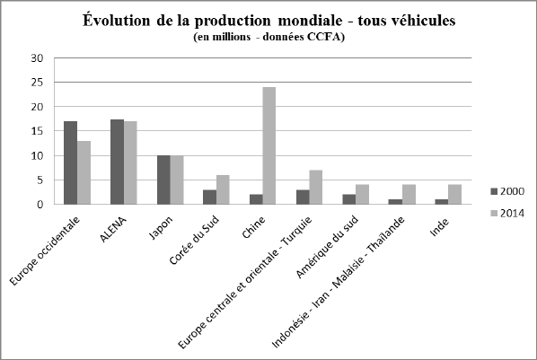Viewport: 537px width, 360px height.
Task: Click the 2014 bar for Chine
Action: point(269,145)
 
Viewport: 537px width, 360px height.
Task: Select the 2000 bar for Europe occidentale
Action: point(71,162)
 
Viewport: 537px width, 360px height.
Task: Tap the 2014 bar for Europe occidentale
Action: point(84,172)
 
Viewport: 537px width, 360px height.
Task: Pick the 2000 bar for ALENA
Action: point(117,162)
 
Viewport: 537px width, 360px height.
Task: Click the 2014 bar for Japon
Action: point(177,180)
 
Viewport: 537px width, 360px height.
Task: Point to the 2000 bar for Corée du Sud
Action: point(209,197)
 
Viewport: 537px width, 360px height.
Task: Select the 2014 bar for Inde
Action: point(454,195)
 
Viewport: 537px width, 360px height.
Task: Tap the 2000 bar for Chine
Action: point(256,199)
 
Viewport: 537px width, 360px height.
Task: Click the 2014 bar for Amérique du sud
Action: point(362,195)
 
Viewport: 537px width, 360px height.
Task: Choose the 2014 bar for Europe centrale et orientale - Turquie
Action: point(316,187)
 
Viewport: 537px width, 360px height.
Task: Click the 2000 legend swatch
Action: point(494,191)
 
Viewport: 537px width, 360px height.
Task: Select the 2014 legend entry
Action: point(507,214)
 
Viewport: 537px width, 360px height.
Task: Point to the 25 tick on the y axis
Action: point(37,83)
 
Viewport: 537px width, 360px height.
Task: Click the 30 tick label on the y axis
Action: point(37,58)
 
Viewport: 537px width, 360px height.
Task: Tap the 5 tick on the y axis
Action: point(40,180)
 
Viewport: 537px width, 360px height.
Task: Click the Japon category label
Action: point(161,227)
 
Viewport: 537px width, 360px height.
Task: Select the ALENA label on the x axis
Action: point(113,230)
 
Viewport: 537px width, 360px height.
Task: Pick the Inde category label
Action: point(439,227)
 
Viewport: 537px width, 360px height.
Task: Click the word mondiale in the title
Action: point(310,21)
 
